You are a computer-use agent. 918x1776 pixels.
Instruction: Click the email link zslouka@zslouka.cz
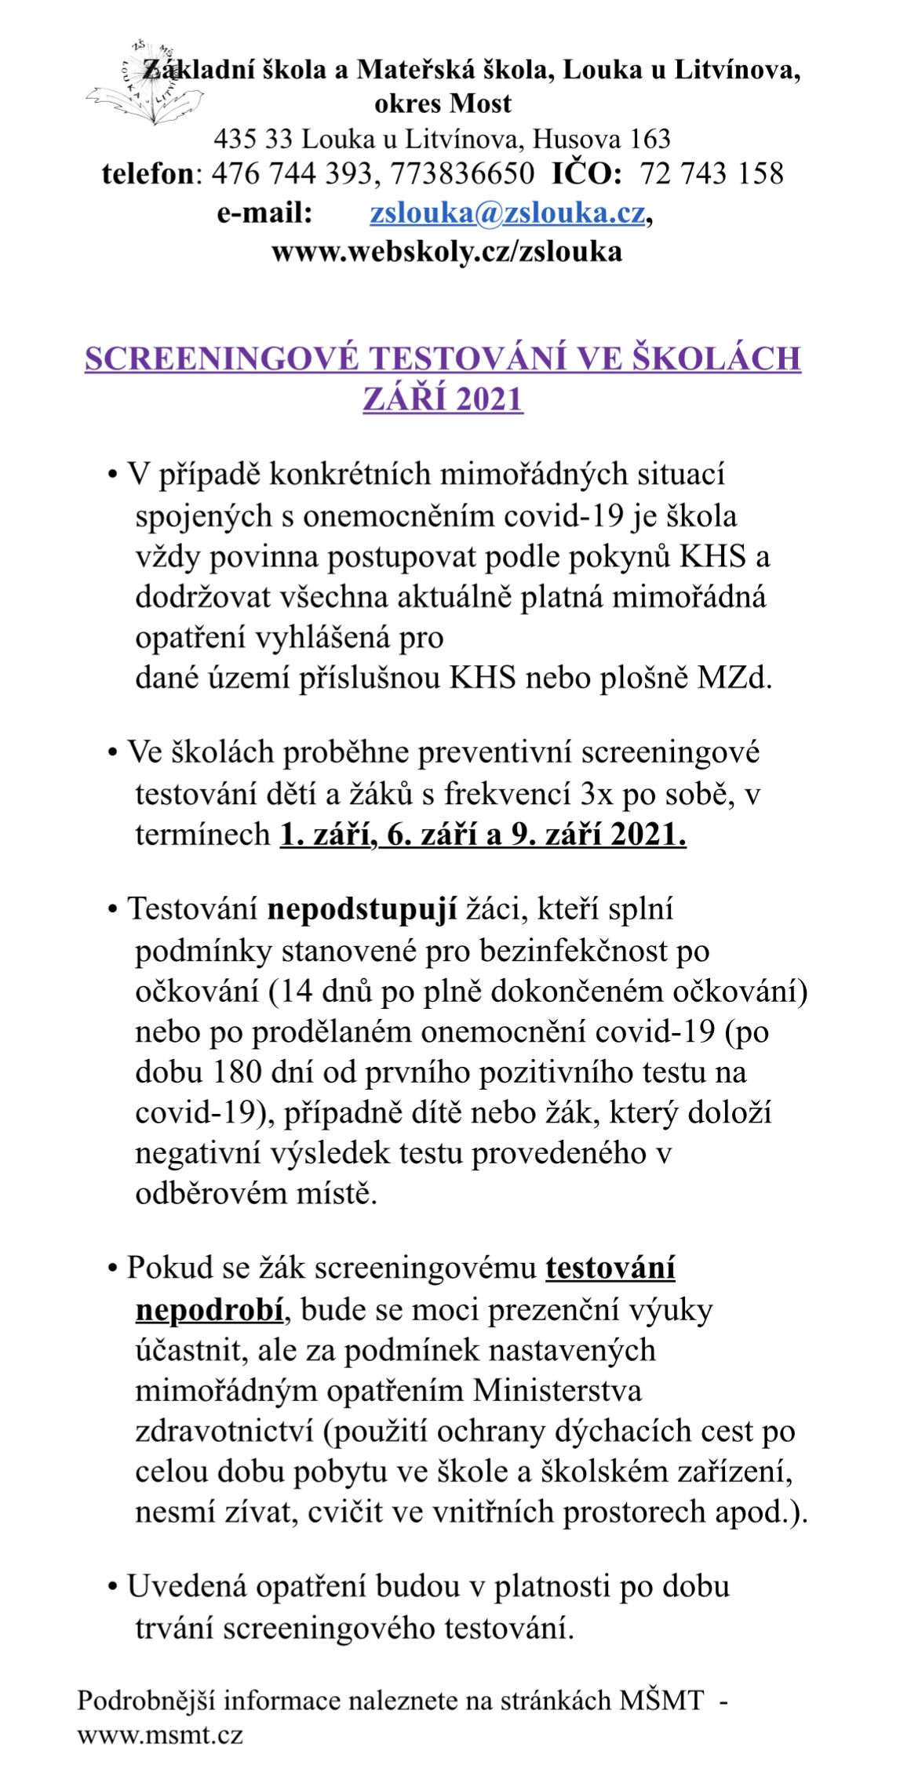pos(508,213)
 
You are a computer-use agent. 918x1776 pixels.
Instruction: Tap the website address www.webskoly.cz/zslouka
pos(446,253)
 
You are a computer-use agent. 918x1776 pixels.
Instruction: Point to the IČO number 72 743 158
pos(712,174)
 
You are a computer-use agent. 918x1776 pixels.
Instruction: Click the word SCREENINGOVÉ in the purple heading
pos(222,359)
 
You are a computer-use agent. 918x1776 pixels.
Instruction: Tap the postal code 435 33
pos(253,140)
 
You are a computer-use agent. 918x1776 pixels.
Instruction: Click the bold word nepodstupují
pos(362,909)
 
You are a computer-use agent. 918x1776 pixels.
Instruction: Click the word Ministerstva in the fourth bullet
pos(557,1391)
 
